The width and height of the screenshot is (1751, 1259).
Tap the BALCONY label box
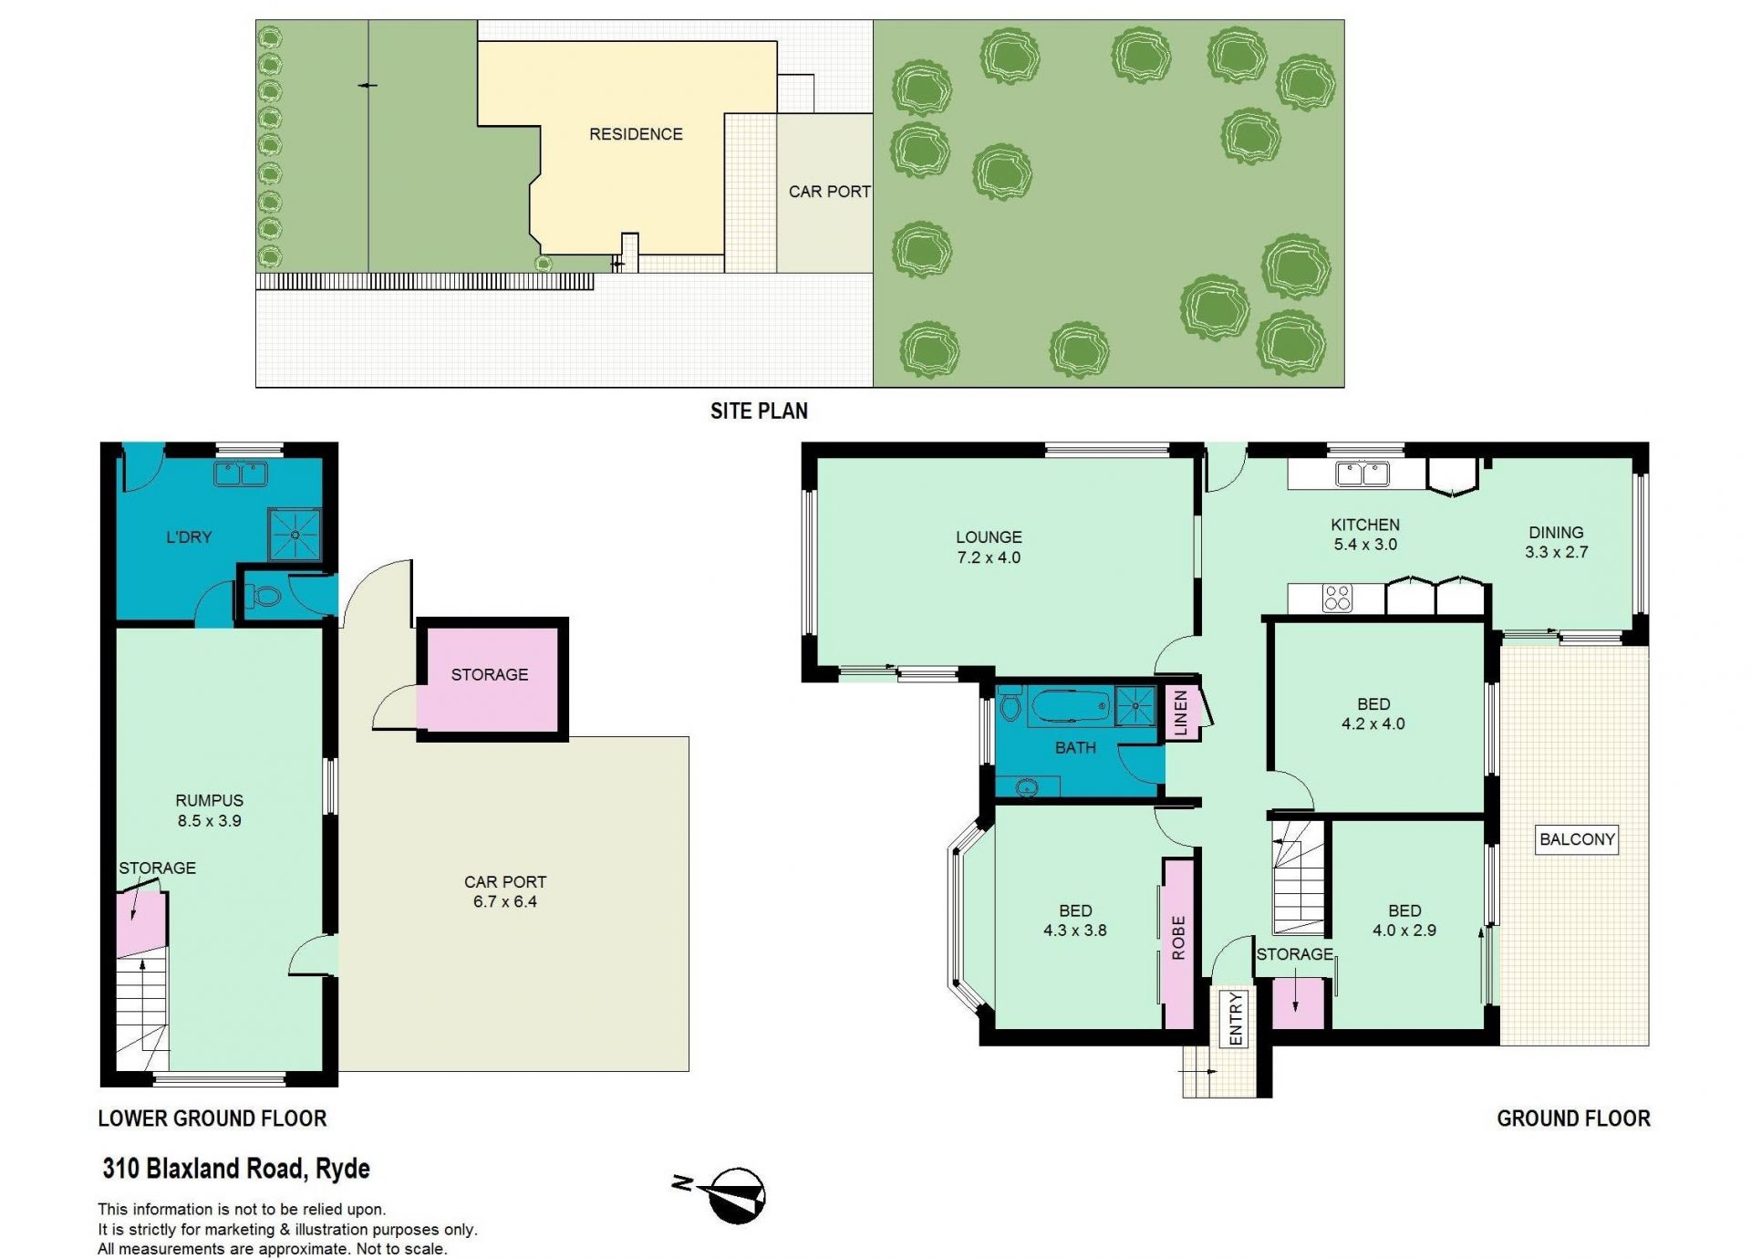point(1577,839)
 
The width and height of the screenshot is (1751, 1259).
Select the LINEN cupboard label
point(1181,713)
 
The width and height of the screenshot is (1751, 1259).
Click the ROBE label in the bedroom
point(1177,938)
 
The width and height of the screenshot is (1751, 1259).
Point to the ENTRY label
point(1236,1018)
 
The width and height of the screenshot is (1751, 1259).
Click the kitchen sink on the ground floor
point(1362,473)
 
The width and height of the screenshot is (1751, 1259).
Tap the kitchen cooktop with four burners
point(1338,598)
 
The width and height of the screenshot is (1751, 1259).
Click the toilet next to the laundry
point(262,597)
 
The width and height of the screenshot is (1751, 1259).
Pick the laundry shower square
point(295,535)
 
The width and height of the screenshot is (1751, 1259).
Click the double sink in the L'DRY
point(241,473)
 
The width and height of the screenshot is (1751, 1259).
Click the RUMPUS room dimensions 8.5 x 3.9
point(210,820)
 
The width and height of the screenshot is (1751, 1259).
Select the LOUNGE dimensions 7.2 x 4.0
point(989,557)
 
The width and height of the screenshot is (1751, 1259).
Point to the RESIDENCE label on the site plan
point(636,134)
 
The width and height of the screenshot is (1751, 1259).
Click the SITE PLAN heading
point(759,411)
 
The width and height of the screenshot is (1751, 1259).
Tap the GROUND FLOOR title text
point(1573,1119)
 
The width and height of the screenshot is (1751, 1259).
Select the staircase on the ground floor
point(1298,877)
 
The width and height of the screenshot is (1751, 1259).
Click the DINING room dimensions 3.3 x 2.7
point(1556,552)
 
